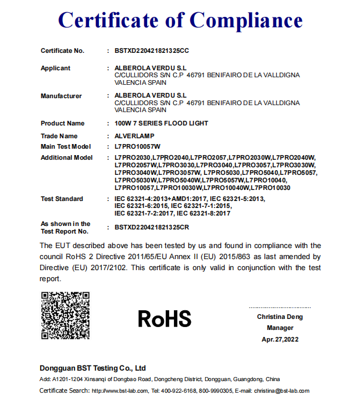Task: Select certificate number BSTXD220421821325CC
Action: click(152, 51)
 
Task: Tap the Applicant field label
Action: click(55, 69)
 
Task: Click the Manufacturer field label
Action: click(61, 96)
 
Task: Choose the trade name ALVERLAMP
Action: click(134, 136)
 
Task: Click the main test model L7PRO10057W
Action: click(137, 146)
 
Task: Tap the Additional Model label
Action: click(66, 157)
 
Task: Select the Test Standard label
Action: click(62, 199)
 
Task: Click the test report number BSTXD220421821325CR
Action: click(152, 228)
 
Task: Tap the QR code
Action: click(65, 315)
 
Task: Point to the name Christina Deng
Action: click(280, 317)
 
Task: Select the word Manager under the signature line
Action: click(280, 328)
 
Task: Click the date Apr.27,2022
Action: click(280, 339)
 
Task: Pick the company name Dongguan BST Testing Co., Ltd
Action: click(92, 368)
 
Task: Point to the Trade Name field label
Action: click(59, 136)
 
